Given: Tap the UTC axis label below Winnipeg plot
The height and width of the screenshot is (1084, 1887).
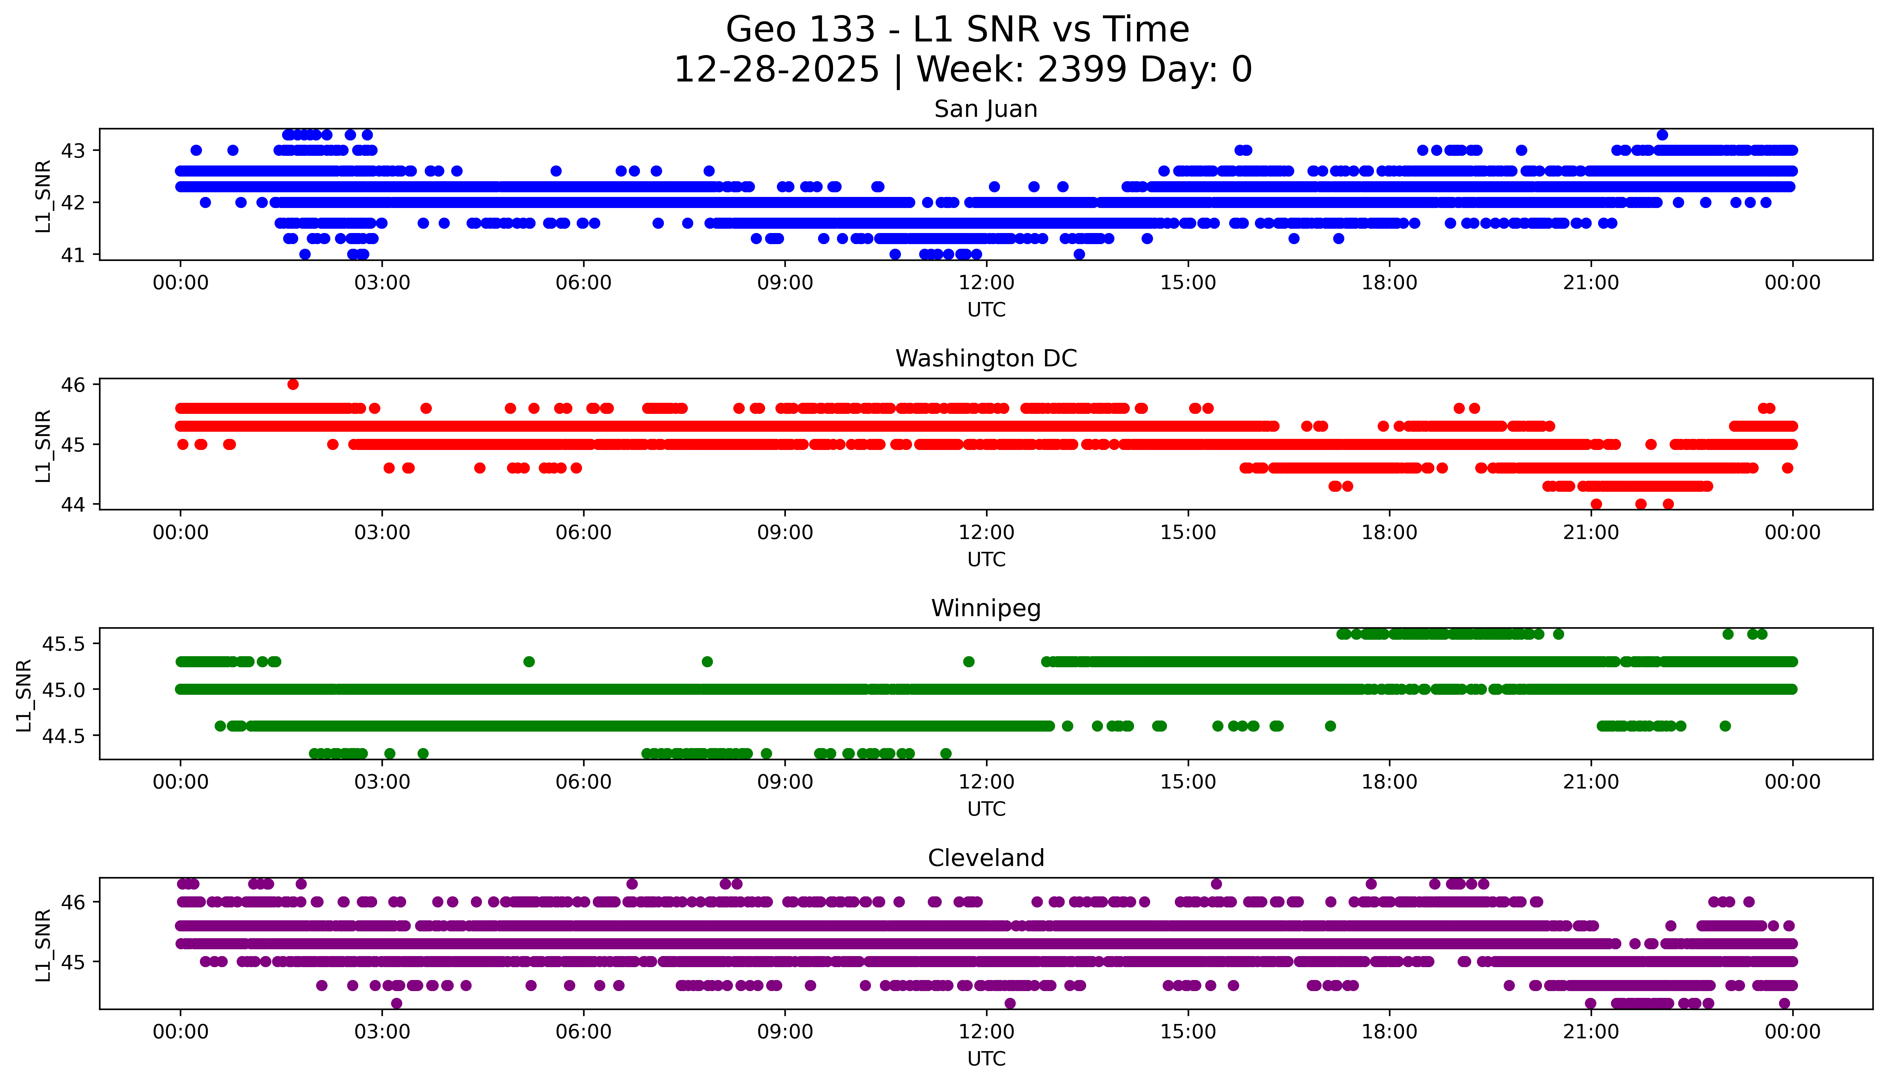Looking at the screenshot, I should point(986,808).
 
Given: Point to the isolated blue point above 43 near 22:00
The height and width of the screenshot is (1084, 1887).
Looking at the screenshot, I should point(1662,135).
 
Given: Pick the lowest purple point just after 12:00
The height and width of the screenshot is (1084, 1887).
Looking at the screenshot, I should point(1010,1003).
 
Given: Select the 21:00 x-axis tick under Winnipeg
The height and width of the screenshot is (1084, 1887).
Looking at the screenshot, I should point(1591,782).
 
